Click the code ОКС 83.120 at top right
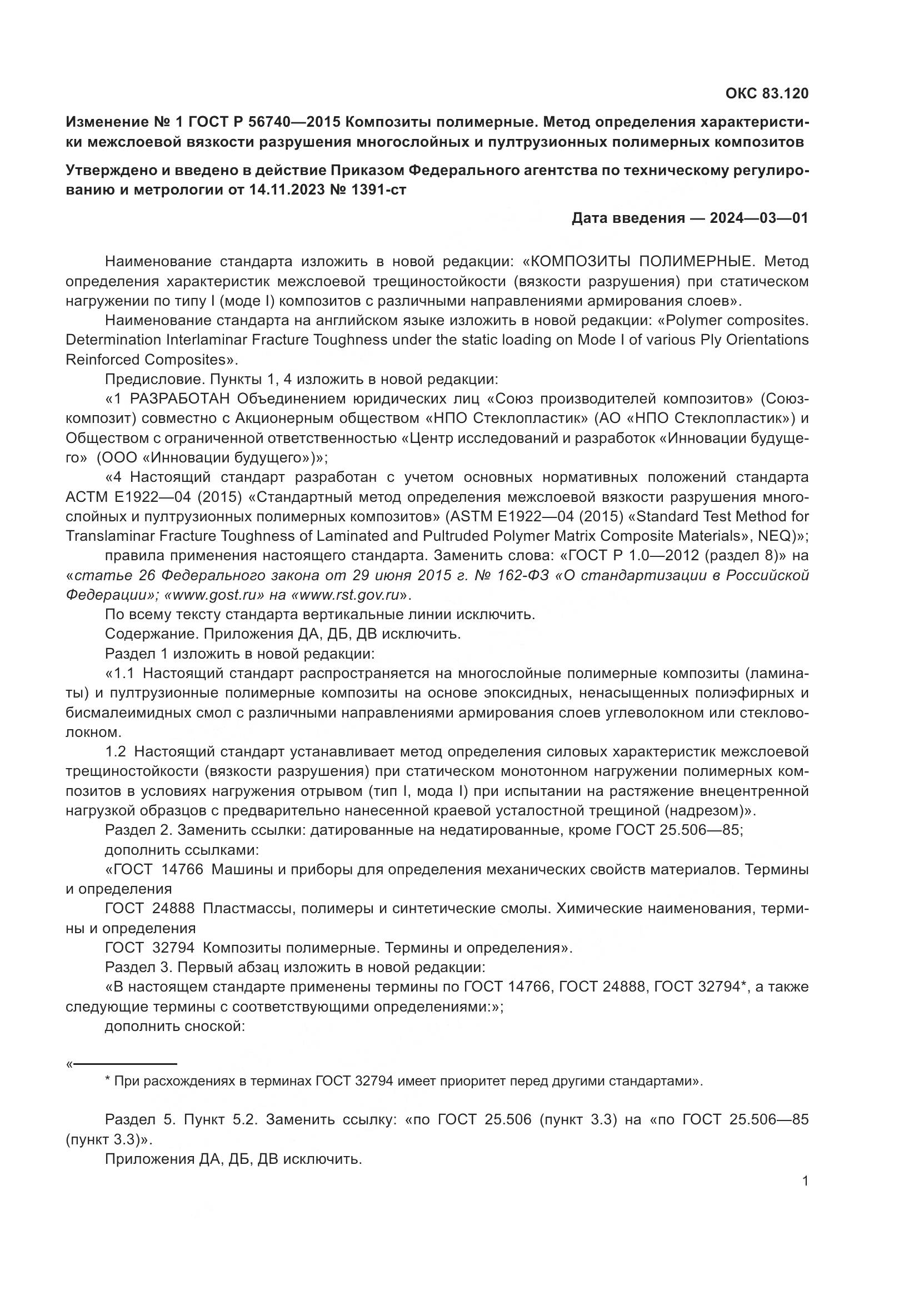point(767,93)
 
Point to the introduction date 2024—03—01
point(759,218)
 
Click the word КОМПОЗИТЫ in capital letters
point(583,262)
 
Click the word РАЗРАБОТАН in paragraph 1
point(180,399)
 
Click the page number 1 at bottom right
point(805,1181)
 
